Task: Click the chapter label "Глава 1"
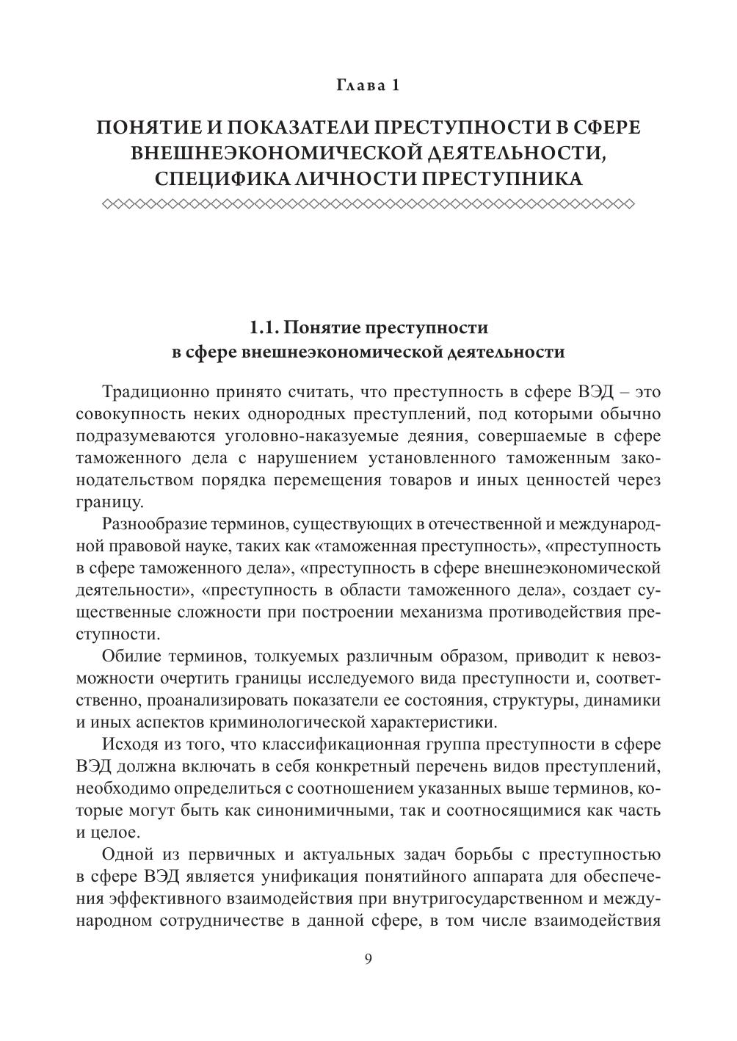pos(368,85)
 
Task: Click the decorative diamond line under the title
pos(368,203)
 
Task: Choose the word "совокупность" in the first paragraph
pos(128,414)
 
